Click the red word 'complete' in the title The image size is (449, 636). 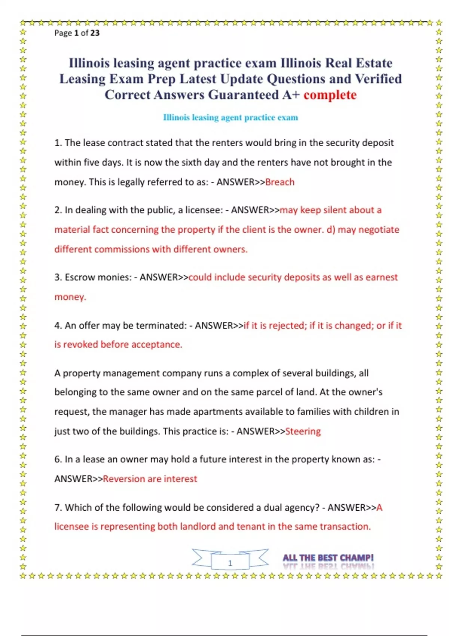click(330, 95)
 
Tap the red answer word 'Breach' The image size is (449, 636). click(280, 182)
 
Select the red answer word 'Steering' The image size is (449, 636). click(303, 431)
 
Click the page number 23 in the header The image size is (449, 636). click(95, 33)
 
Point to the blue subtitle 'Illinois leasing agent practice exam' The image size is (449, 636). click(230, 117)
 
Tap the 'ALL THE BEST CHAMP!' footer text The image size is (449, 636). click(328, 558)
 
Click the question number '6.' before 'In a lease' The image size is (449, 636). click(58, 459)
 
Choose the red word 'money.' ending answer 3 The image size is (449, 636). click(70, 297)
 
